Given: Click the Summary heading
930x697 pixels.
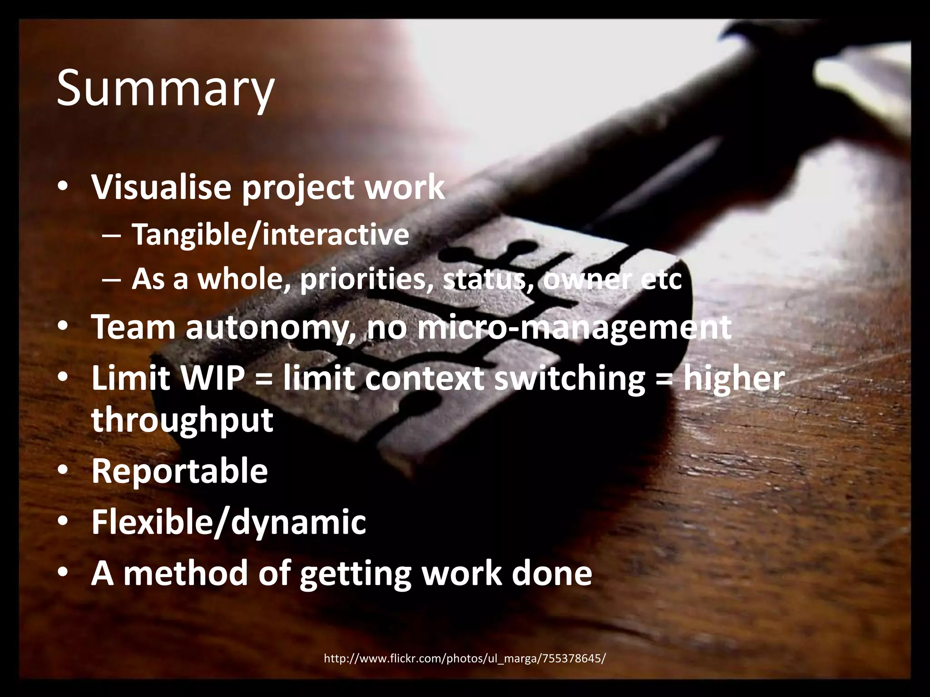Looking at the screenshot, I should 165,89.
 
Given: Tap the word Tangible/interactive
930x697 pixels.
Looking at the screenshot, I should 270,235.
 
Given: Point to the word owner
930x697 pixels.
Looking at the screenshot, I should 586,280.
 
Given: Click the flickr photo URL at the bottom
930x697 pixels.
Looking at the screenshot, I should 464,658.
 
